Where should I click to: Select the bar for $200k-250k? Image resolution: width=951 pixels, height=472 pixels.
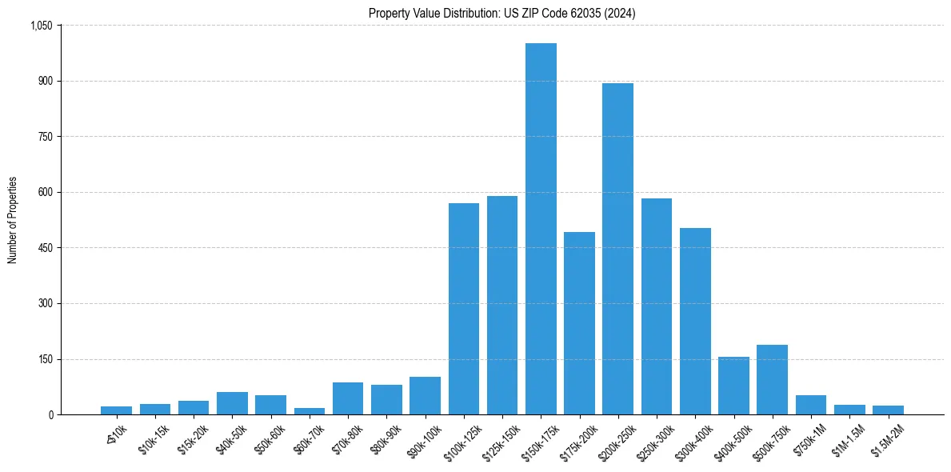coord(617,249)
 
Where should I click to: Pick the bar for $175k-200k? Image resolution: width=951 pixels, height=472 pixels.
coord(579,323)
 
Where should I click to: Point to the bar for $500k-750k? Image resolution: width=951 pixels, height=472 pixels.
coord(772,379)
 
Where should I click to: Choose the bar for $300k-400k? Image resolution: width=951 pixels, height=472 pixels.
coord(695,321)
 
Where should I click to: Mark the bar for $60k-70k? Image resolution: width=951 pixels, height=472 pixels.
coord(310,411)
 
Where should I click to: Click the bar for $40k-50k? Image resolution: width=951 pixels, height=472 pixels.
coord(232,403)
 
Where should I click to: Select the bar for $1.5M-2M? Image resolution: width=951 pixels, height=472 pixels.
coord(888,410)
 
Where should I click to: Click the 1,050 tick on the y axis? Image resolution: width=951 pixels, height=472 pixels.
coord(41,26)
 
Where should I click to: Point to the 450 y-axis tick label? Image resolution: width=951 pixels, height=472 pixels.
coord(46,248)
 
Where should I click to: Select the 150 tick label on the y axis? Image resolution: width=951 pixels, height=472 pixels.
coord(46,359)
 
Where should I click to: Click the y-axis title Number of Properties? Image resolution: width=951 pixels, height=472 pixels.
coord(12,220)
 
